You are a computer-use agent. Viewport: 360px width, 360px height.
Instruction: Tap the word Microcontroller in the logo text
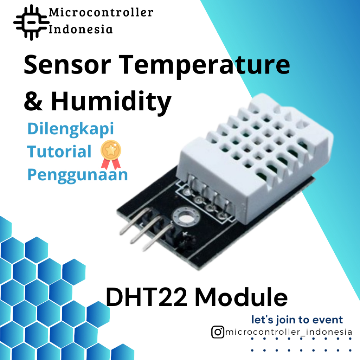(x=101, y=13)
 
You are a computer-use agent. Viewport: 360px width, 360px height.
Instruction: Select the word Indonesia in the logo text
(x=81, y=29)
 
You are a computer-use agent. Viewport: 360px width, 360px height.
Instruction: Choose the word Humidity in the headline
(x=111, y=102)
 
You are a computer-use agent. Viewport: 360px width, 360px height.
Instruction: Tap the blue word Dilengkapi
(x=71, y=129)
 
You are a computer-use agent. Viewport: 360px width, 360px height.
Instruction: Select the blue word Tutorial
(x=59, y=152)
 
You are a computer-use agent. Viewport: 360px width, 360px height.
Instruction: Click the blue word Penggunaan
(x=77, y=175)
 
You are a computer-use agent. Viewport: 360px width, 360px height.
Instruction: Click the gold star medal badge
(x=111, y=153)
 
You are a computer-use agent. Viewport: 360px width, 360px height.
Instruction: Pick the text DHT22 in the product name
(x=146, y=297)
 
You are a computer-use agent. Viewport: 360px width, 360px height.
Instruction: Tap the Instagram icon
(x=218, y=332)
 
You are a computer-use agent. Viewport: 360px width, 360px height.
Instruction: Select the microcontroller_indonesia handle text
(x=288, y=332)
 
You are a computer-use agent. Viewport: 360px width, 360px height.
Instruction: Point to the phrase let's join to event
(x=297, y=320)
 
